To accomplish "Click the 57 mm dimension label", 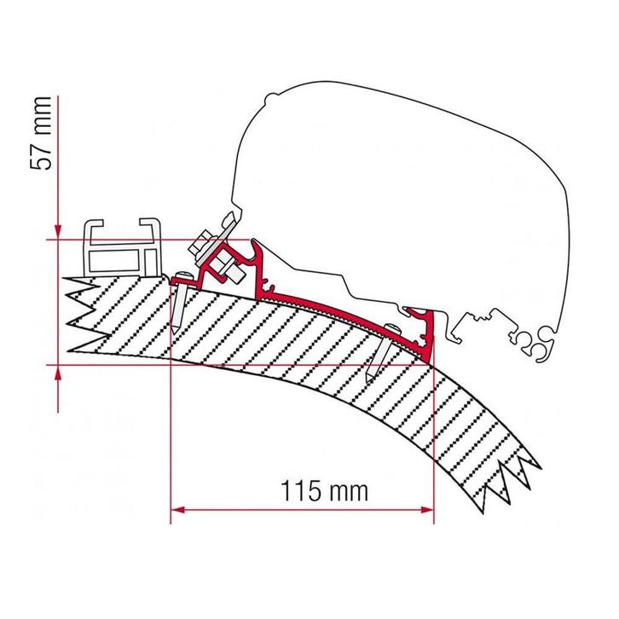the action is click(x=41, y=133).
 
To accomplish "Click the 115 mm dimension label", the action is click(x=324, y=491).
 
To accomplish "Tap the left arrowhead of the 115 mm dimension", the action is click(x=178, y=510).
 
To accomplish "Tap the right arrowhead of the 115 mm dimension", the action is click(x=427, y=510).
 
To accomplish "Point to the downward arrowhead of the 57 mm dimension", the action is click(x=58, y=232).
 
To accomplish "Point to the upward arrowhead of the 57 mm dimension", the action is click(x=58, y=372).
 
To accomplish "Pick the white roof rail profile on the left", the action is click(x=123, y=247).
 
